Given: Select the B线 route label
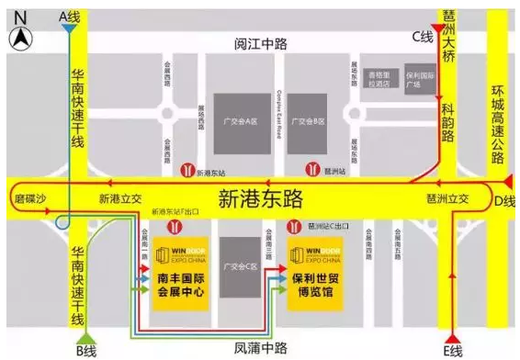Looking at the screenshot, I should click(x=86, y=350).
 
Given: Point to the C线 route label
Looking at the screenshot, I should click(x=421, y=35).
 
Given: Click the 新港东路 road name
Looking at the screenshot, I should click(x=260, y=198).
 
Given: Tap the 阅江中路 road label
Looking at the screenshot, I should click(x=260, y=43).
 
